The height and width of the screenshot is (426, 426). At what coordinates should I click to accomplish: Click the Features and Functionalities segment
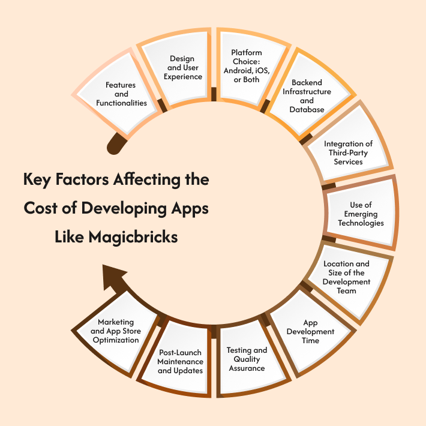click(121, 94)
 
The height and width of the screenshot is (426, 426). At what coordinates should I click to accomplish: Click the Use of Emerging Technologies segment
click(360, 214)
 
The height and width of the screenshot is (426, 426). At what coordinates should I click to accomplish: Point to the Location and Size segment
click(347, 277)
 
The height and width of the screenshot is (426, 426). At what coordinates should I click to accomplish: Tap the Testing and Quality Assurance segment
click(246, 359)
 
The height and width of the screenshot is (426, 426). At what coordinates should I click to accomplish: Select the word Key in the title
click(37, 179)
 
